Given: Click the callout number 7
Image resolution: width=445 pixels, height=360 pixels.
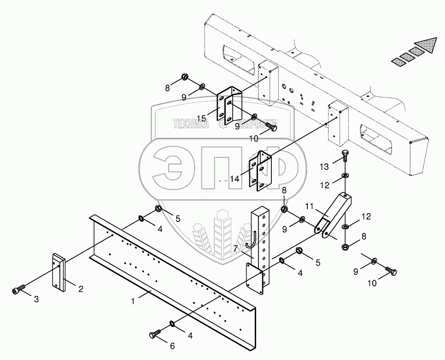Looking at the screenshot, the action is [x=235, y=249].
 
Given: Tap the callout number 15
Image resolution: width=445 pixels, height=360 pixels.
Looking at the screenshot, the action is [x=201, y=118].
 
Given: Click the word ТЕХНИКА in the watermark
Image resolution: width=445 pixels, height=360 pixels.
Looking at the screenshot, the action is [x=191, y=123].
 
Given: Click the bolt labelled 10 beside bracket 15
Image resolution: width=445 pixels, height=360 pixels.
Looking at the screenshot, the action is [x=271, y=127].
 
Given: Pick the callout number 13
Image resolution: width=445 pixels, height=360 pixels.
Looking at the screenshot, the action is [x=325, y=166].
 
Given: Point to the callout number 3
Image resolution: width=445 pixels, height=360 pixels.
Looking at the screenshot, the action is [x=37, y=300].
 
